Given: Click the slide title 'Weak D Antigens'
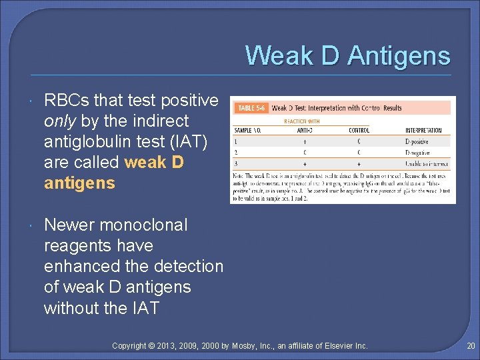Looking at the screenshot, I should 347,55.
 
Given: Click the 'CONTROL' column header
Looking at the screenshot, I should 359,130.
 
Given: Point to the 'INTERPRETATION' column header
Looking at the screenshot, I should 423,130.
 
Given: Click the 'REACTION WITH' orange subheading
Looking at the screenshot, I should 302,121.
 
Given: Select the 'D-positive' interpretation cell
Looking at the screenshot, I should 418,141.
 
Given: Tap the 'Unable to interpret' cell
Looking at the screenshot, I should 427,163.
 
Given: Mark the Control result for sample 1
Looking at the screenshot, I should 359,141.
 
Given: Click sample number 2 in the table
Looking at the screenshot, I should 235,152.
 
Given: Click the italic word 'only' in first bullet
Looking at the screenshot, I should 57,121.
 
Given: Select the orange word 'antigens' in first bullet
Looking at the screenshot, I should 79,183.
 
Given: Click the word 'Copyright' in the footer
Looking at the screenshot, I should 130,346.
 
